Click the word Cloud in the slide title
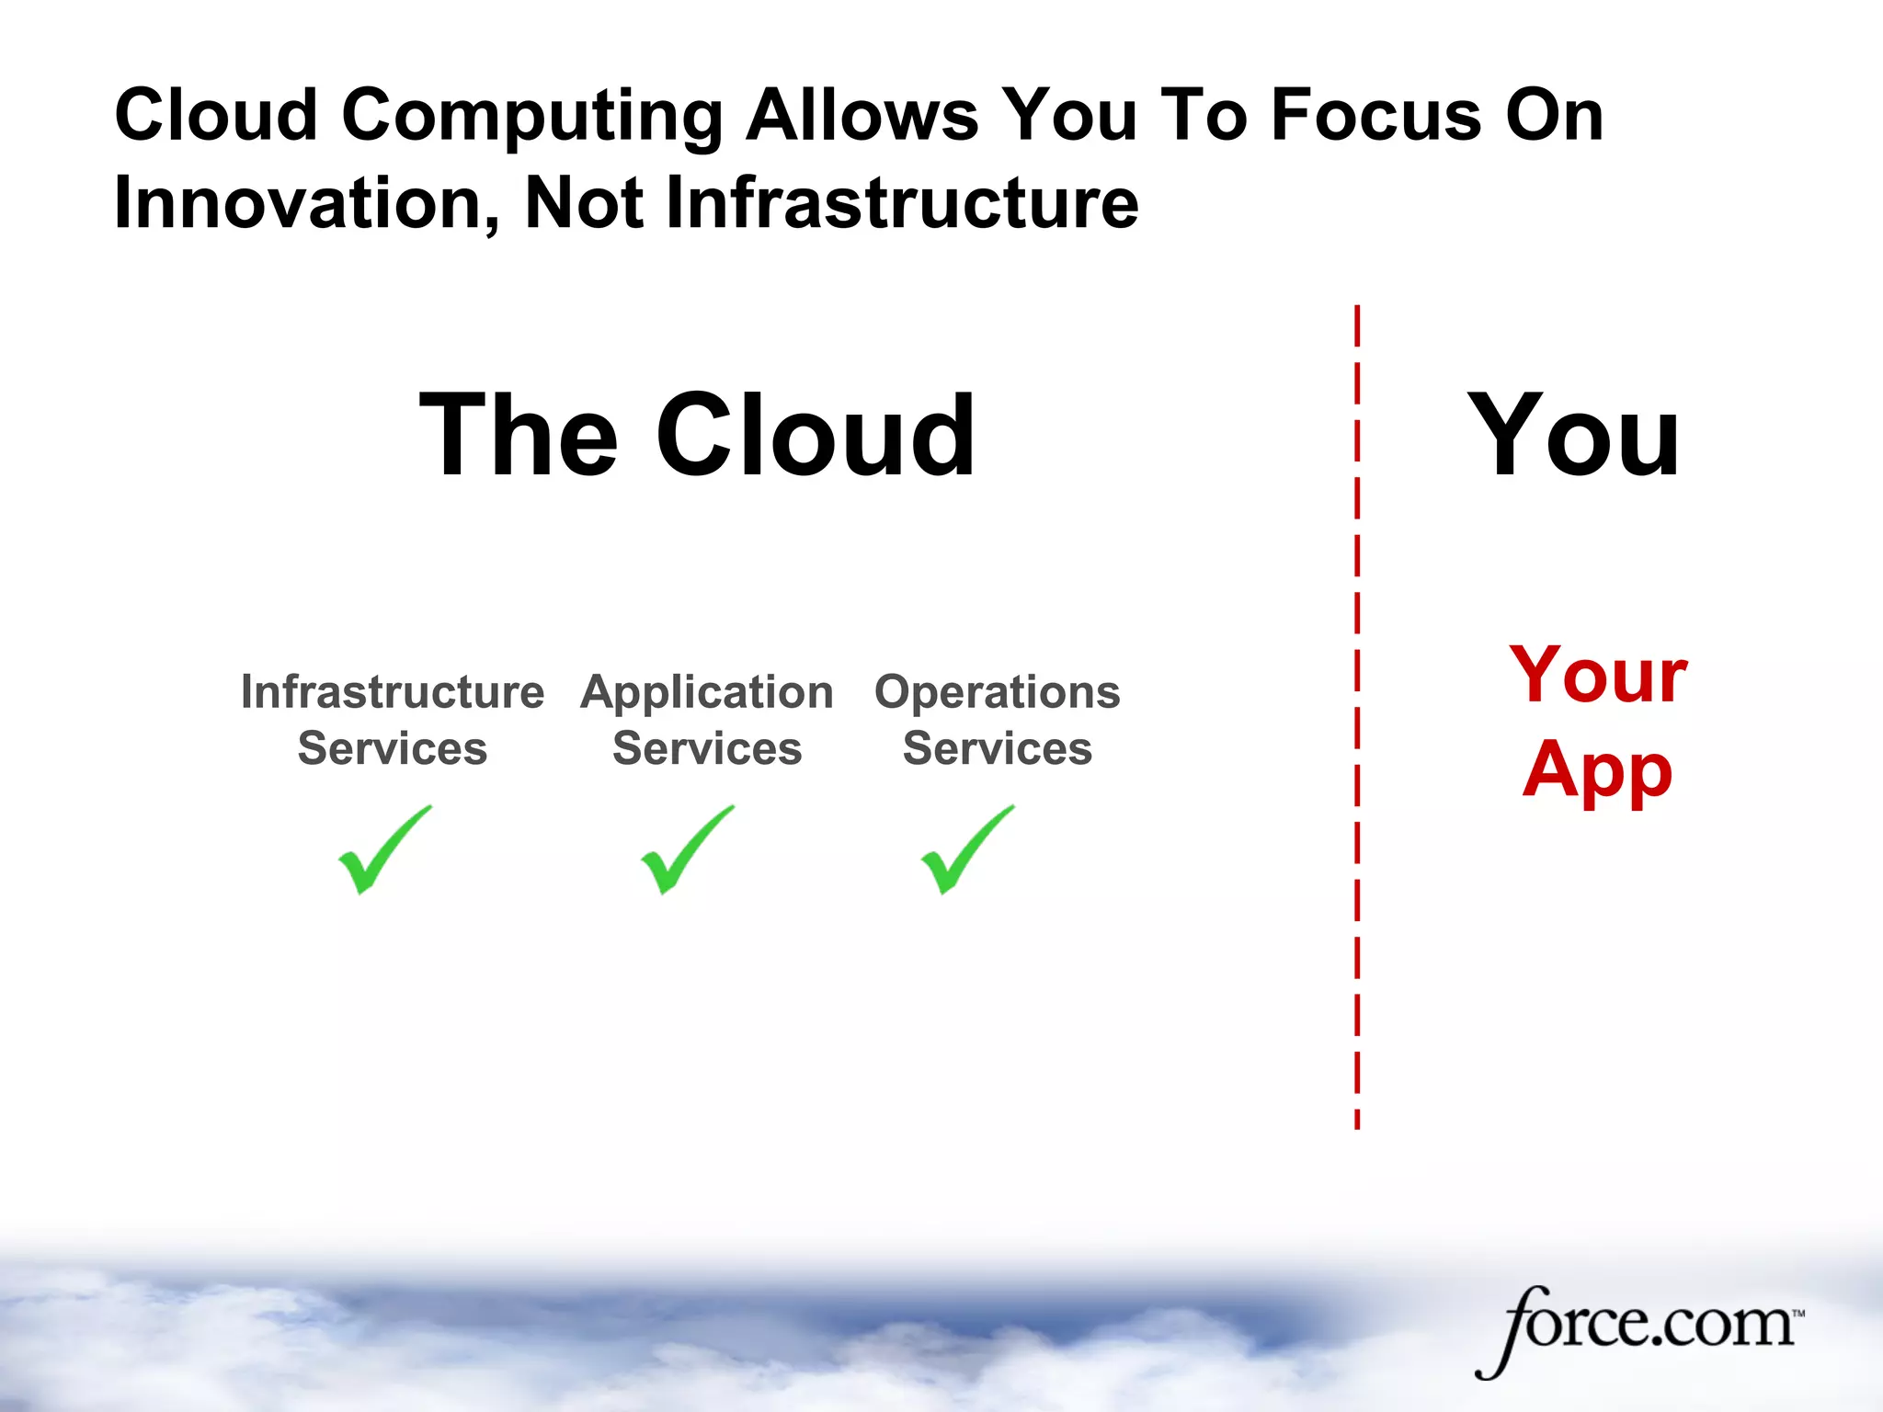tap(216, 115)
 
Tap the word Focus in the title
tap(1376, 115)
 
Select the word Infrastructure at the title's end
tap(902, 203)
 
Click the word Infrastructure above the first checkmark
tap(393, 691)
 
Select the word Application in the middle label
tap(707, 691)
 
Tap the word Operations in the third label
tap(998, 691)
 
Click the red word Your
tap(1598, 676)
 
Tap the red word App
tap(1597, 770)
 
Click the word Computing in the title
tap(532, 115)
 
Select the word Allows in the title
tap(862, 115)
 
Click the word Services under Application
tap(707, 748)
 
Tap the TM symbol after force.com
tap(1798, 1314)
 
